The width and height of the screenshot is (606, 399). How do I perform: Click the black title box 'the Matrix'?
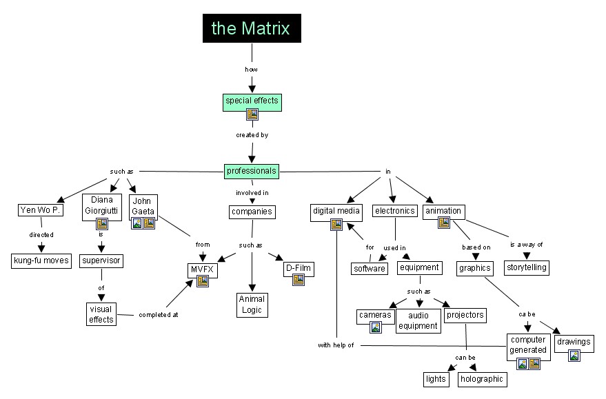click(x=252, y=28)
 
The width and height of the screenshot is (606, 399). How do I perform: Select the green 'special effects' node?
click(x=252, y=101)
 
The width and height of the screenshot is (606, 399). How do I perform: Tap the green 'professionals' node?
click(x=252, y=170)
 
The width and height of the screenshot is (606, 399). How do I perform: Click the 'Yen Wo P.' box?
click(x=40, y=210)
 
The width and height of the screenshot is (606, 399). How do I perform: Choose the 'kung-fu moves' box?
click(x=41, y=260)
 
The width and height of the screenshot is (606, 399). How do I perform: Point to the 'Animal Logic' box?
click(x=252, y=304)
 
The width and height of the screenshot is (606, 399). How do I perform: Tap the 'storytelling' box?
click(x=526, y=267)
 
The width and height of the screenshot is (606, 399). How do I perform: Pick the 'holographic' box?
click(x=482, y=378)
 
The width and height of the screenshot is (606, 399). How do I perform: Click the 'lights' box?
click(x=435, y=378)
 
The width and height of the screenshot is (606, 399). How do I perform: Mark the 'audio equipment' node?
click(x=418, y=320)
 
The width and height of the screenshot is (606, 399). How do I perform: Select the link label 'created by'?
click(x=252, y=135)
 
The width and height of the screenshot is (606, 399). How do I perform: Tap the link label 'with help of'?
click(x=336, y=345)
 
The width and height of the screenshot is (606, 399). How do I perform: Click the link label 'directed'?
click(x=41, y=234)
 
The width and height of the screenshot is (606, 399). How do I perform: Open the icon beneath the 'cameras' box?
click(x=376, y=327)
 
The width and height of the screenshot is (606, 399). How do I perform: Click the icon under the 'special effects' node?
click(x=252, y=115)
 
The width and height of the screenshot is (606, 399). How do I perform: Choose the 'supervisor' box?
click(x=101, y=260)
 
